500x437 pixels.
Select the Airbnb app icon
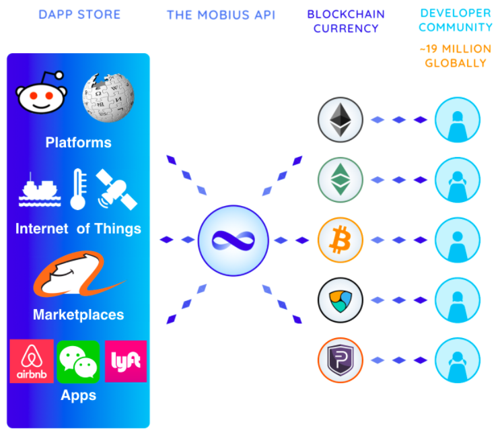click(x=32, y=362)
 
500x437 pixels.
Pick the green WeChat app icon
click(x=78, y=362)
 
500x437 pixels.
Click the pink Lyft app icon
click(x=126, y=362)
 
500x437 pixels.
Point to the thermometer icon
click(x=79, y=189)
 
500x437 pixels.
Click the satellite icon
click(x=116, y=189)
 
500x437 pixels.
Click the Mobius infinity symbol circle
click(x=229, y=240)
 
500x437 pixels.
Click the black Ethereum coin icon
click(x=341, y=121)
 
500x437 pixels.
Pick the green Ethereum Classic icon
click(x=341, y=180)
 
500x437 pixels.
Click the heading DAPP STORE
click(x=78, y=15)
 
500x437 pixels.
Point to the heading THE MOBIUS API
click(x=221, y=15)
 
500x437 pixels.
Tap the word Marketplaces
click(x=78, y=314)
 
